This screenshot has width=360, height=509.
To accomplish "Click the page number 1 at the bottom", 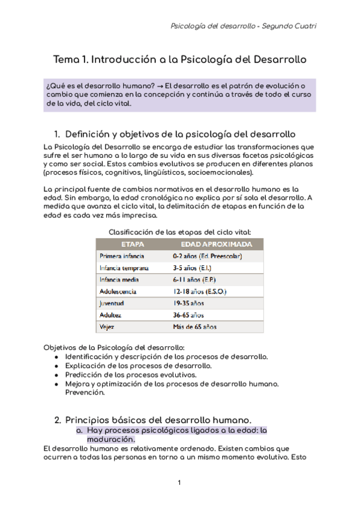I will (179, 483).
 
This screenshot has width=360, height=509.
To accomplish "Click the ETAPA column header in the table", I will (133, 244).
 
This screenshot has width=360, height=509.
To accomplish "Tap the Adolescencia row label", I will (118, 291).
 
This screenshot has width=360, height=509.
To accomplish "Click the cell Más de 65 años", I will (194, 327).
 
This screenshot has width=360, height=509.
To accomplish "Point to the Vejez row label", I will (107, 327).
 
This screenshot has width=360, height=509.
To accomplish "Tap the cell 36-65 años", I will (188, 315).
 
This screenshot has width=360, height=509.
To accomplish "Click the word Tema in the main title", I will (66, 60).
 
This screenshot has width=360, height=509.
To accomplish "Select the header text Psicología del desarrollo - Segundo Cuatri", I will (244, 26).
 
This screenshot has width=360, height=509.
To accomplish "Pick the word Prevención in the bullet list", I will (85, 393).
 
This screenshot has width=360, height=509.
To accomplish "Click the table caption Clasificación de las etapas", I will (179, 232).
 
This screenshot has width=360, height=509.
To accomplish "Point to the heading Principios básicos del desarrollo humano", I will (158, 419).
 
